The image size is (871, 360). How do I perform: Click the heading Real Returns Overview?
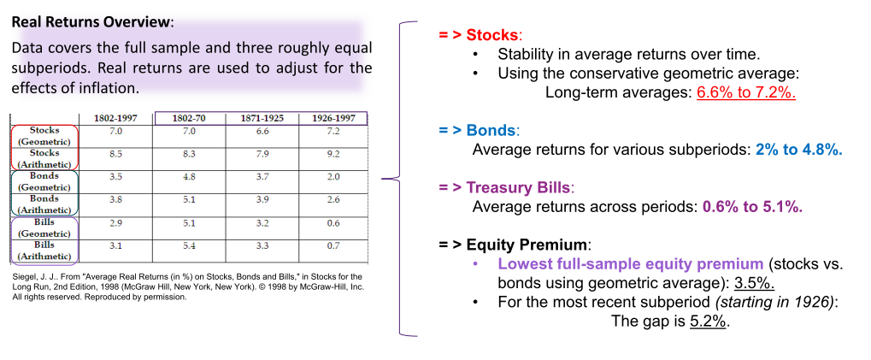coord(91,23)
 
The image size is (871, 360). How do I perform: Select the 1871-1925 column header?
coord(262,118)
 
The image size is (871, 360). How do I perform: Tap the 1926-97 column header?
coord(333,118)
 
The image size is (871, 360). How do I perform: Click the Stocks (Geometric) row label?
coord(45,136)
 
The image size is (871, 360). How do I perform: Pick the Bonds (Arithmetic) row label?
coord(45,204)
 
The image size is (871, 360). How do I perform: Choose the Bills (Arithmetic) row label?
coord(45,250)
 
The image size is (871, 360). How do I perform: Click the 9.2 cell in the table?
coord(333,154)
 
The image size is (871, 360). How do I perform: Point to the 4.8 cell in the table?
coord(190,177)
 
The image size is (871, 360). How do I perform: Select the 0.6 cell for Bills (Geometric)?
coord(333,222)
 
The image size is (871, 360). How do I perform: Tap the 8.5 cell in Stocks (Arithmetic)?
coord(115,154)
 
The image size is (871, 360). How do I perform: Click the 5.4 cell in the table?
coord(190,245)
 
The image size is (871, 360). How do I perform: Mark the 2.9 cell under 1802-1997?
coord(115,222)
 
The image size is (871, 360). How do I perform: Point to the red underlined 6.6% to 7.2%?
coord(746,92)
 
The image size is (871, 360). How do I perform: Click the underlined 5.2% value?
coord(709,322)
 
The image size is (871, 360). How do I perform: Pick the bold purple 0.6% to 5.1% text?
coord(753,207)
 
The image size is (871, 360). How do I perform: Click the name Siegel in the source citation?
coord(22,277)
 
